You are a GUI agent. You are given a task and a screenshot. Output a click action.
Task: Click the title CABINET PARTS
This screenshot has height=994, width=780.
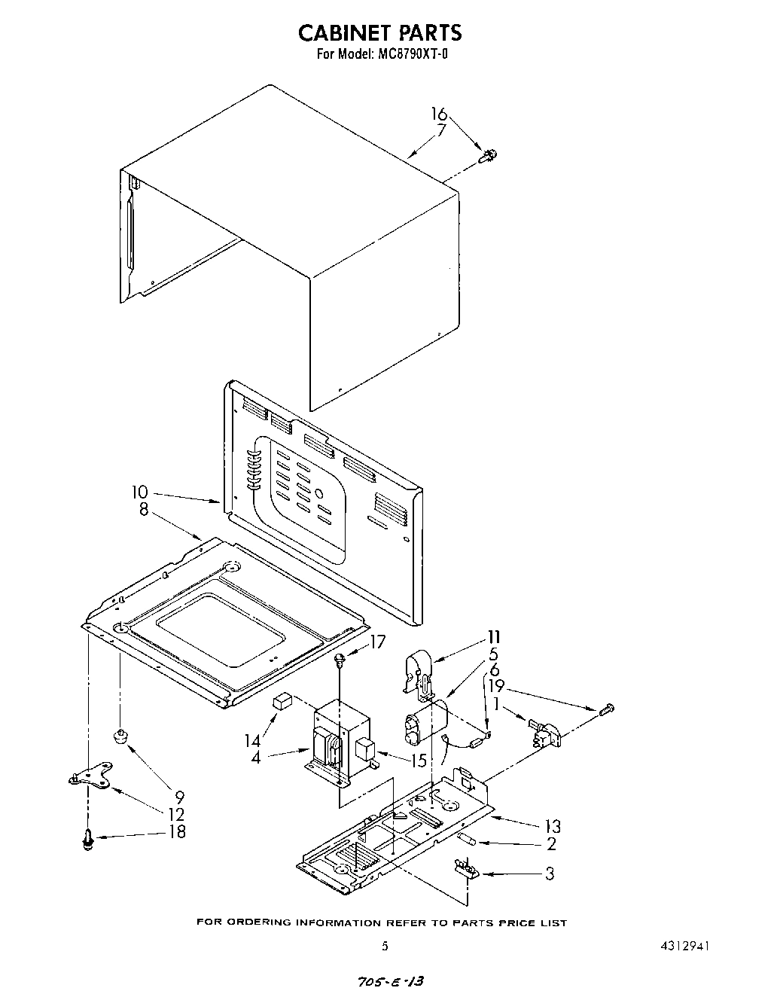(380, 32)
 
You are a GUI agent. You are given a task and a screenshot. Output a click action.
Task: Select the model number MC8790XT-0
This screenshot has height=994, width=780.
(412, 54)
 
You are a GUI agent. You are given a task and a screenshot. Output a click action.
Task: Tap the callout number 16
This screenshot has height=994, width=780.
(439, 114)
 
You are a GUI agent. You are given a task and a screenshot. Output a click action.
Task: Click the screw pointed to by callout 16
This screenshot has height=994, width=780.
(489, 156)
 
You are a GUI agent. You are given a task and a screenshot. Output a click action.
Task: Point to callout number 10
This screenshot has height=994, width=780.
(139, 492)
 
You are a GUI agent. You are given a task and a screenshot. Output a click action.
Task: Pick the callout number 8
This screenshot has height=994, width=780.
(143, 509)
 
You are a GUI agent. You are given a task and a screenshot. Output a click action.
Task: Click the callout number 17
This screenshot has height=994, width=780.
(376, 642)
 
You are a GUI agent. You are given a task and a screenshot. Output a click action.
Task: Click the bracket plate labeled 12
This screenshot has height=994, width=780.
(89, 780)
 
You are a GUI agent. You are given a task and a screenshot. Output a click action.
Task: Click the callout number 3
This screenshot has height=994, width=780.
(550, 874)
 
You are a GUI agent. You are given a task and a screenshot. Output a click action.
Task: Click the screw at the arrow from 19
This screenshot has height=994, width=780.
(608, 709)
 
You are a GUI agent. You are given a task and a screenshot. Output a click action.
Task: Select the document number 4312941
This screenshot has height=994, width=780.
(683, 947)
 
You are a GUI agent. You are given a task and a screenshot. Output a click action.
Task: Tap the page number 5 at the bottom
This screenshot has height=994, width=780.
(385, 947)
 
